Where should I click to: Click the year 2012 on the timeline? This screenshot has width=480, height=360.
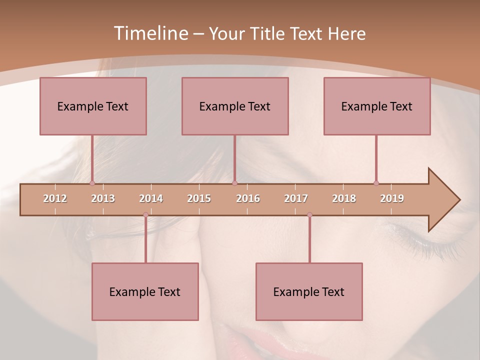(55, 198)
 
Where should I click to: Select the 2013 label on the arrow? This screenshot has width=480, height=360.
(103, 198)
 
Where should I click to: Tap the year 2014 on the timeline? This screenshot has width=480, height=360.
(151, 198)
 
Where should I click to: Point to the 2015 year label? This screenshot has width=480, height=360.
(199, 198)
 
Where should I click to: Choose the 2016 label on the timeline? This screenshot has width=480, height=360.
(248, 198)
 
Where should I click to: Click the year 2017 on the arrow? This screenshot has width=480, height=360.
(296, 198)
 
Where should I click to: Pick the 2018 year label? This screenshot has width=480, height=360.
(344, 198)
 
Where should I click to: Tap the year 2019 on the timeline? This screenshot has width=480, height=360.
(392, 198)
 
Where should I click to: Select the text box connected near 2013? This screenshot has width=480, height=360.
(93, 106)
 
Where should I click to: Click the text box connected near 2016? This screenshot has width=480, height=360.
(235, 106)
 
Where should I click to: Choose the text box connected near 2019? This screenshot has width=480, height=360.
(377, 106)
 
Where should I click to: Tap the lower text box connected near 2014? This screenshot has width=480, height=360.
(145, 291)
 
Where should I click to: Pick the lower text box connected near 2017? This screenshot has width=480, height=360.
(309, 291)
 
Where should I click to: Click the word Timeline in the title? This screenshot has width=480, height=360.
(149, 33)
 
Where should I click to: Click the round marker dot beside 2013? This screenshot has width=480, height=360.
(92, 183)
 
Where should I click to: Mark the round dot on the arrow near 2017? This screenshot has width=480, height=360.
(309, 215)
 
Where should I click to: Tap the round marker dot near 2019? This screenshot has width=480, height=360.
(376, 183)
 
